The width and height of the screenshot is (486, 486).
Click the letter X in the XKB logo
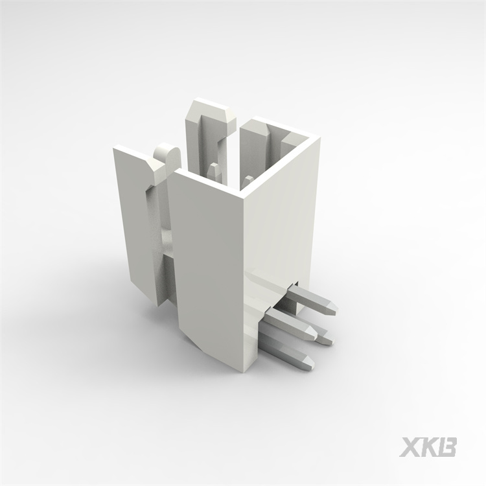(411, 448)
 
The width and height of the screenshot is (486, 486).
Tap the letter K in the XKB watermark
(430, 448)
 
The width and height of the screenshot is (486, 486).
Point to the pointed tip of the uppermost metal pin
(334, 308)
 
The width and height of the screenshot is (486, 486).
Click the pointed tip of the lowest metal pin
(312, 362)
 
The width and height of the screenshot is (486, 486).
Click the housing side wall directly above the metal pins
(279, 220)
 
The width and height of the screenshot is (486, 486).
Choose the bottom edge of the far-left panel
(146, 295)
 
